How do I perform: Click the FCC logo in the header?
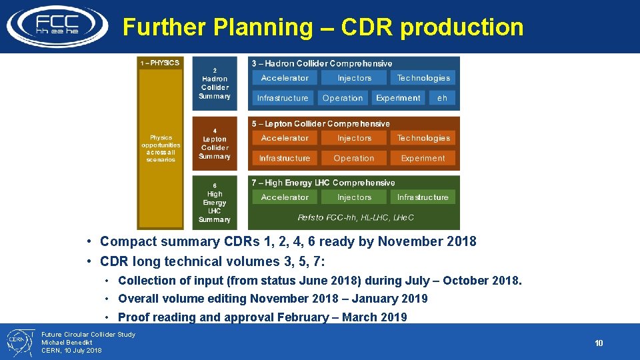point(57,25)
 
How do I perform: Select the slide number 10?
point(598,343)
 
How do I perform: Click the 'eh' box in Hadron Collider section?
point(442,98)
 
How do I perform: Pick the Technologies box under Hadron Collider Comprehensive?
point(423,78)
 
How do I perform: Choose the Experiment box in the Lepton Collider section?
point(423,158)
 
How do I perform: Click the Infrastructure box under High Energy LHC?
point(423,197)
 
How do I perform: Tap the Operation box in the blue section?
point(343,98)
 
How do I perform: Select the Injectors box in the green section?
point(354,197)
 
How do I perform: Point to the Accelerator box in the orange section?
point(285,138)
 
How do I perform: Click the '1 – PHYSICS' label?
point(159,63)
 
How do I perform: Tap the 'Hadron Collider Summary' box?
point(215,83)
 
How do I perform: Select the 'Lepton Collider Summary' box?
point(215,144)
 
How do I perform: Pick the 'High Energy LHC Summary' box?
point(215,203)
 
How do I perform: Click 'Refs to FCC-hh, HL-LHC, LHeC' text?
point(355,217)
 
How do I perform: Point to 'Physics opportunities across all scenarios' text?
point(160,149)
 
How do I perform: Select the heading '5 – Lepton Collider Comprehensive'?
point(321,123)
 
